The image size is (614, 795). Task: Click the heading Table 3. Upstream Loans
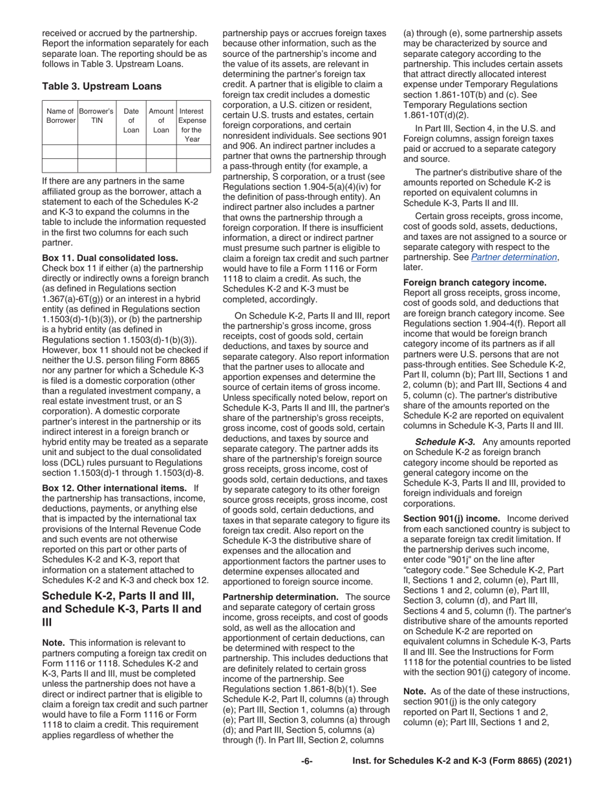click(102, 86)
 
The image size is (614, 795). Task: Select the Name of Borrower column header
click(60, 116)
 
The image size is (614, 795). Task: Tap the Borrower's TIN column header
click(96, 116)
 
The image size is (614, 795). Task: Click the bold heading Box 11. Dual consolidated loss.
click(110, 257)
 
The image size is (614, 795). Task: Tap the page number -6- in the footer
click(307, 761)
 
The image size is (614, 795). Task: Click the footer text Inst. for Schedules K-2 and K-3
click(461, 761)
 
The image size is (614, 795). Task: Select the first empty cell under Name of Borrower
click(60, 152)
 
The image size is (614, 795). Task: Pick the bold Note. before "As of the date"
click(416, 691)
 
